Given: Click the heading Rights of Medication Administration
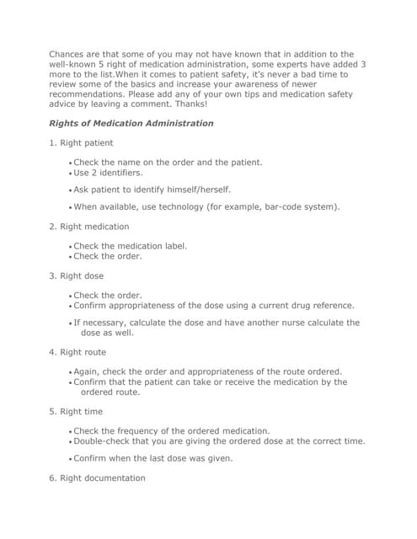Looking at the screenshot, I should pos(131,123).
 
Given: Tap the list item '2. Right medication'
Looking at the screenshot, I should pos(89,227).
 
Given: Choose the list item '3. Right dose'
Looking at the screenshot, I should pos(77,276).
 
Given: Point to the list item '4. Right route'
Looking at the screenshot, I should pos(78,352).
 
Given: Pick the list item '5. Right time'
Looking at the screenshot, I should pos(76,412).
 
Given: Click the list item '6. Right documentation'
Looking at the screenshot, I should pos(97,478).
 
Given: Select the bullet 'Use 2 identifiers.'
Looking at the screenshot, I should pos(109,172).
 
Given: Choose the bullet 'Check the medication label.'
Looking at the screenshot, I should pos(131,246).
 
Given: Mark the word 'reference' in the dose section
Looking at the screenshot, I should pos(329,305).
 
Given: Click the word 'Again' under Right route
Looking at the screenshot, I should pos(87,371).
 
